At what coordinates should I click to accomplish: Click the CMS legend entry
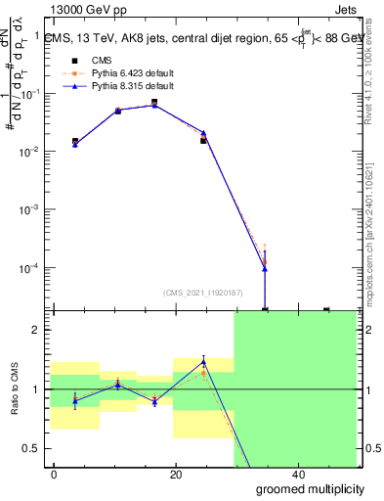pyautogui.click(x=88, y=60)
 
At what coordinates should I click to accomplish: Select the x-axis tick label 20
pyautogui.click(x=176, y=475)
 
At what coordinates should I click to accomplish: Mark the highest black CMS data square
pyautogui.click(x=154, y=102)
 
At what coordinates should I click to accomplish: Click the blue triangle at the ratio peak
pyautogui.click(x=203, y=360)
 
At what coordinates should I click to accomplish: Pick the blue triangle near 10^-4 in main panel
pyautogui.click(x=265, y=269)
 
